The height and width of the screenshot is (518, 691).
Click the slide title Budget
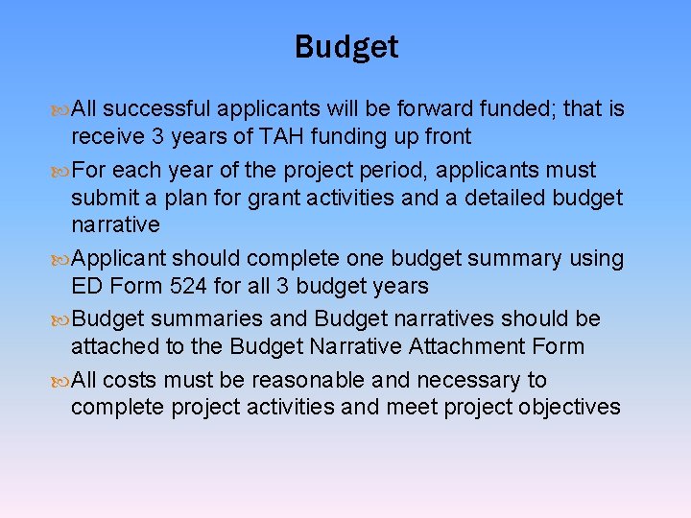point(345,47)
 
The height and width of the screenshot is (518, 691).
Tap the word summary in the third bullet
point(519,259)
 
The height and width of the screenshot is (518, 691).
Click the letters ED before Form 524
point(87,286)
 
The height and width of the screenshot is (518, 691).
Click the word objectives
point(569,407)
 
